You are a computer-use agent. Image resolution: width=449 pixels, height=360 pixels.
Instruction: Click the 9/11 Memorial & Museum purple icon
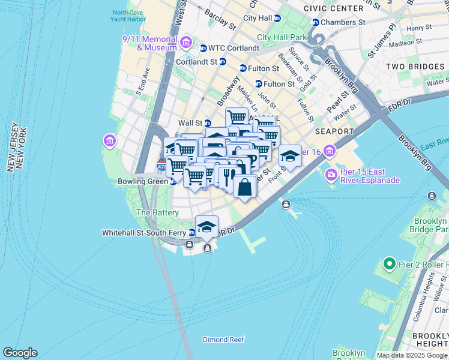tap(185, 42)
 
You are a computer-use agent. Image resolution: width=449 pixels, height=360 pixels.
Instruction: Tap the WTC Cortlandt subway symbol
tap(203, 49)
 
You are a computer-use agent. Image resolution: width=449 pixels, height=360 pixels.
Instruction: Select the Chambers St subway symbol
tap(315, 22)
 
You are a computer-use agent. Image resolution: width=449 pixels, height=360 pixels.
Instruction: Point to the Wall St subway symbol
tap(207, 123)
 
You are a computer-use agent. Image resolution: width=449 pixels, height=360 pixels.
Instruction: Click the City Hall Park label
tap(282, 37)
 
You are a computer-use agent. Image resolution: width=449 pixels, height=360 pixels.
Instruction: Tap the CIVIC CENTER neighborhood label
tap(333, 8)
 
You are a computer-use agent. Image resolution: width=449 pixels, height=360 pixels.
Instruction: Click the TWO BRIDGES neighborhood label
tap(415, 67)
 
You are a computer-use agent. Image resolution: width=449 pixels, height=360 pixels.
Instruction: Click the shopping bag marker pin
tap(245, 187)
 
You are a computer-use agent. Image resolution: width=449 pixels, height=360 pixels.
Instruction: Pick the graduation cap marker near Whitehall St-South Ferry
tap(206, 227)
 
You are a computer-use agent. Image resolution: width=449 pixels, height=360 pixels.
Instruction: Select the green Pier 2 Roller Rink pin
tap(390, 263)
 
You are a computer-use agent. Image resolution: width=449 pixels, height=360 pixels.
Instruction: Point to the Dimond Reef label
tap(223, 340)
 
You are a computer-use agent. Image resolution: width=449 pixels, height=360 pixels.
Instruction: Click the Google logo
tap(20, 353)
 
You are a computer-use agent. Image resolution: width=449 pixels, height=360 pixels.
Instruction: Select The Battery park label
tap(157, 212)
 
